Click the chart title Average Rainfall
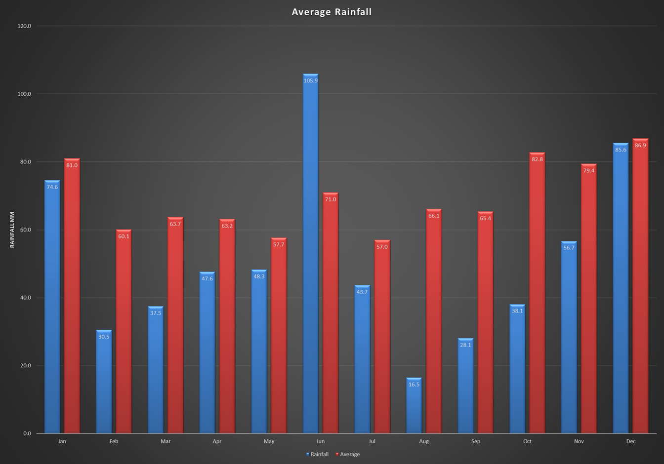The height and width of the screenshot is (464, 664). point(332,12)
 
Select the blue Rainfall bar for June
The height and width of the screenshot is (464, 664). point(310,257)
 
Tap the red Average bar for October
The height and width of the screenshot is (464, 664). point(537,296)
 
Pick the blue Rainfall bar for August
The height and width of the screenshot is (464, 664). point(414,410)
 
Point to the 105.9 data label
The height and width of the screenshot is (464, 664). point(310,80)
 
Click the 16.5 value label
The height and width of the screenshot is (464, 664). point(414,385)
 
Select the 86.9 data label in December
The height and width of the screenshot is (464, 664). point(640,146)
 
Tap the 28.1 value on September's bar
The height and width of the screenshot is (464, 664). point(465,345)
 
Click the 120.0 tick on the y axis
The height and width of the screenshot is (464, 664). point(24,26)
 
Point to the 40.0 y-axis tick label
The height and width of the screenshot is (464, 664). point(24,298)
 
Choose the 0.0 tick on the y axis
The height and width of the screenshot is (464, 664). point(27,433)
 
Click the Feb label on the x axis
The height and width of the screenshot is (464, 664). point(114,441)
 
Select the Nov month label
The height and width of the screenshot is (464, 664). point(579,441)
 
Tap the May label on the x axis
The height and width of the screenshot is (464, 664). point(269,441)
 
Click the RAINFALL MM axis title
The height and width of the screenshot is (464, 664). point(12,230)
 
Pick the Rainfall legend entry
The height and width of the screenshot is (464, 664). point(318,454)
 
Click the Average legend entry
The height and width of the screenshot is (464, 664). point(349,454)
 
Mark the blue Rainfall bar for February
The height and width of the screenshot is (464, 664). point(104,385)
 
